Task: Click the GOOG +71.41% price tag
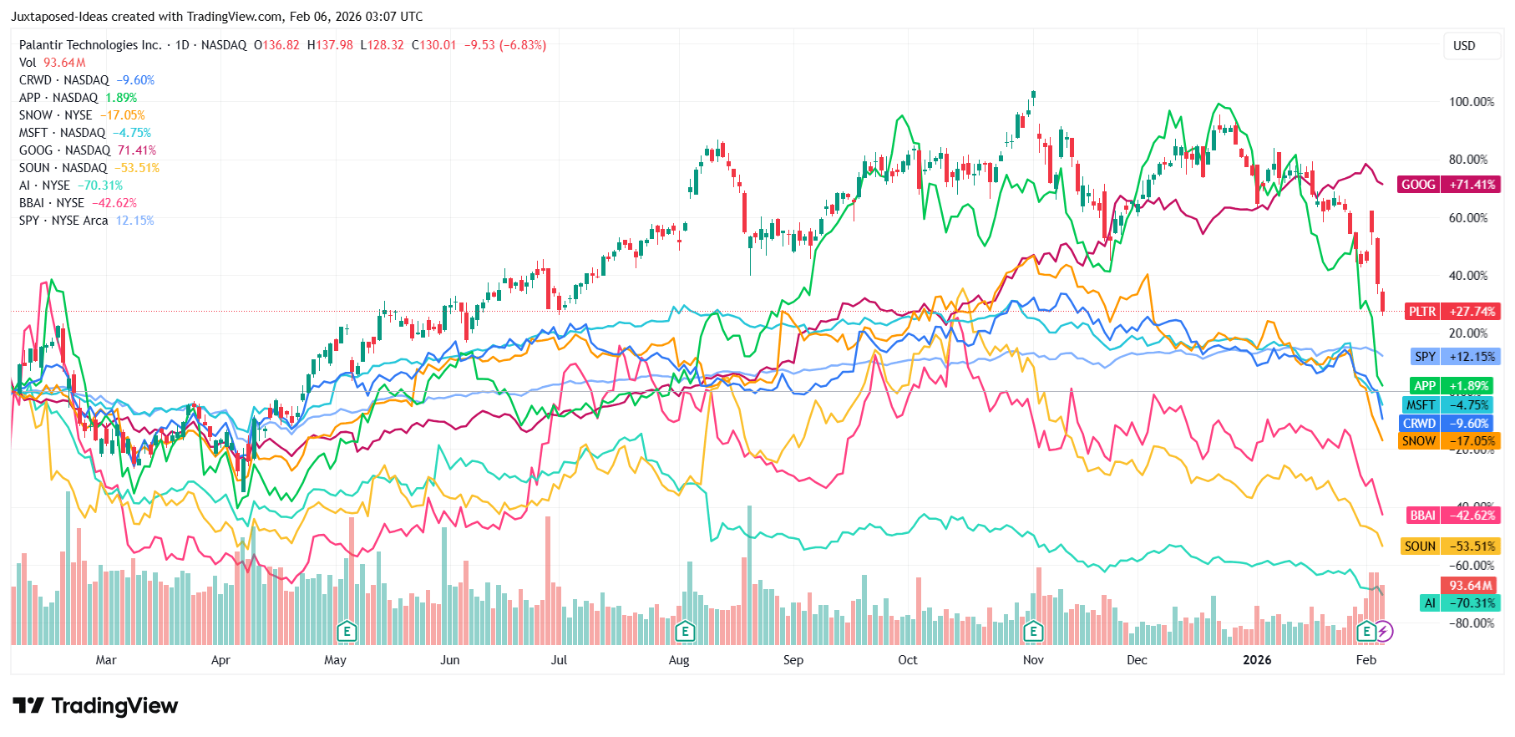point(1448,185)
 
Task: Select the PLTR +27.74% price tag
point(1452,312)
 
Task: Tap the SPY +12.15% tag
point(1455,357)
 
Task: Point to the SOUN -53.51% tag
point(1450,546)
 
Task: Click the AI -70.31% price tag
point(1459,603)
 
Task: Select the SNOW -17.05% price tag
point(1449,441)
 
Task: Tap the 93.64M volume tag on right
point(1470,586)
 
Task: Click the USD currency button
point(1464,46)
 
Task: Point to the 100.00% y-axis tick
point(1471,102)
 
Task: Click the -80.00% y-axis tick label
point(1471,623)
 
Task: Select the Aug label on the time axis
point(679,660)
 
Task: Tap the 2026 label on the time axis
point(1257,660)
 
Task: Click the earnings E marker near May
point(347,632)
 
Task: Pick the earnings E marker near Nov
point(1033,632)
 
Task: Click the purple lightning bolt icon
point(1384,632)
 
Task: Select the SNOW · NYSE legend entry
point(56,115)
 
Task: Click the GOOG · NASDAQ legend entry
point(64,150)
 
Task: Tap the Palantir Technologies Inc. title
point(90,45)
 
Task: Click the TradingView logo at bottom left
point(95,706)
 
